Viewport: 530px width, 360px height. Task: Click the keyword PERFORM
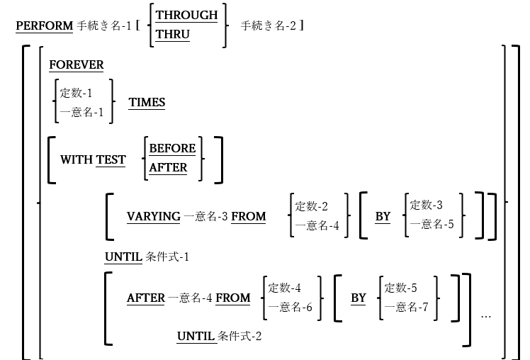point(44,26)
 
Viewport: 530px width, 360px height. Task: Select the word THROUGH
point(187,15)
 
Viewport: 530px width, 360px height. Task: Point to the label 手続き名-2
point(269,26)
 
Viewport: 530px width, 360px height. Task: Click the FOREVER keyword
point(76,65)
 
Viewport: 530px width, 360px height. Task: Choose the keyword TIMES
point(147,103)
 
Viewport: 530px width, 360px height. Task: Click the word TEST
point(111,160)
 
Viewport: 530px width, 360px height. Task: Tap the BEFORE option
point(172,149)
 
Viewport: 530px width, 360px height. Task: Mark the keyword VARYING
point(153,217)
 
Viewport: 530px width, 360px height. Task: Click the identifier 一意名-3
point(205,217)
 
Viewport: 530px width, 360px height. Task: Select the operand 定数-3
point(425,206)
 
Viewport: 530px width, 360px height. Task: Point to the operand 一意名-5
point(428,225)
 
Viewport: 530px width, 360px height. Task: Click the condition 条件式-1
point(167,257)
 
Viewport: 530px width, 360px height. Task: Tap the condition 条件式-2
point(240,335)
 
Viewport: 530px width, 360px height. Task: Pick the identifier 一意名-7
point(405,307)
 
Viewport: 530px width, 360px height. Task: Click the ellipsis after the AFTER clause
point(486,315)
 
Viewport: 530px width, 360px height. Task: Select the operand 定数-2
point(311,206)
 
